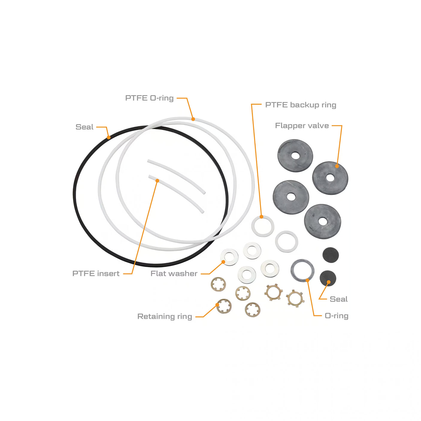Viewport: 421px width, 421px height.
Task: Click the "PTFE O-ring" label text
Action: click(149, 98)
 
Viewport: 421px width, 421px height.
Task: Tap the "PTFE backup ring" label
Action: click(300, 105)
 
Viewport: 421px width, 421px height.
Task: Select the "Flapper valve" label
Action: click(302, 126)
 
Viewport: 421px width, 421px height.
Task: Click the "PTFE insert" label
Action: click(96, 273)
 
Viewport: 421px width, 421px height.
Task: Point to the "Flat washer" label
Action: click(174, 273)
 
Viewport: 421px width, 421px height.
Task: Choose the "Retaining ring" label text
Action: click(164, 316)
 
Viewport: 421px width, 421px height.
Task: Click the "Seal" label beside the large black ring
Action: click(84, 127)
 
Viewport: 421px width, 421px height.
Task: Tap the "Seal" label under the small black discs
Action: click(338, 299)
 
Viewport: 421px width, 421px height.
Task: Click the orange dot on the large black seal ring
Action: click(109, 137)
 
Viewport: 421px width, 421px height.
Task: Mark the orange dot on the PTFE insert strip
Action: click(157, 181)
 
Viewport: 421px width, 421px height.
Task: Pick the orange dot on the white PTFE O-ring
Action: click(193, 119)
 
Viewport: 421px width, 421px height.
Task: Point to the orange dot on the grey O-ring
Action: click(308, 280)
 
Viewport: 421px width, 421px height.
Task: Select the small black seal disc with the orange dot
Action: click(328, 278)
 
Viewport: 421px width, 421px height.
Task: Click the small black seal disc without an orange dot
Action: click(331, 255)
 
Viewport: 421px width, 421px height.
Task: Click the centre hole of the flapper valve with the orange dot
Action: click(330, 178)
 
